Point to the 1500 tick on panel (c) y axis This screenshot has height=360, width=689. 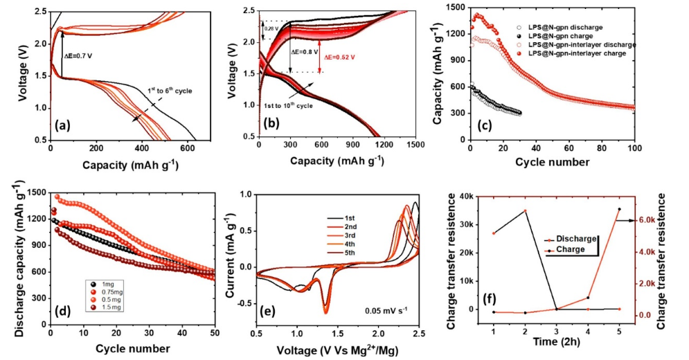455,8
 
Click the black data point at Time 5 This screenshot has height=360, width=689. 618,209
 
